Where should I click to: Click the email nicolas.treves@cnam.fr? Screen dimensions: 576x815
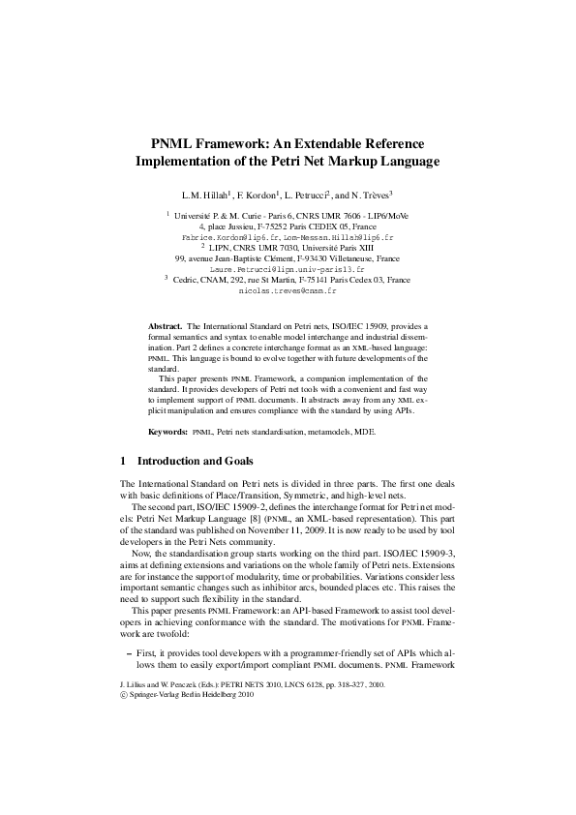[x=288, y=289]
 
